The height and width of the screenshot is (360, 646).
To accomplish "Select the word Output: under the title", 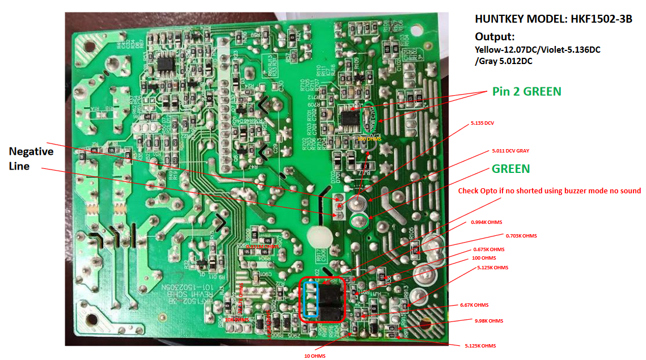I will pos(495,36).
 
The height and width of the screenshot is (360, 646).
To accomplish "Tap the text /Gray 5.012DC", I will pos(504,61).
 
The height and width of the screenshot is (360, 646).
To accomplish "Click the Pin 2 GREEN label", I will pos(526,91).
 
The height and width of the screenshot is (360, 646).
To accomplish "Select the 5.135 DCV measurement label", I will pos(482,123).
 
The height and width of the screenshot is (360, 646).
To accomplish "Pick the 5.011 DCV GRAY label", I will pos(510,151).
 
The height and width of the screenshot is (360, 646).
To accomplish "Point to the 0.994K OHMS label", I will pos(486,222).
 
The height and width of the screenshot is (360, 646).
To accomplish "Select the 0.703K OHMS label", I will pos(521,236).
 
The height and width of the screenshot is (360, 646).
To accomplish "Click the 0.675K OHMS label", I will pos(488,249).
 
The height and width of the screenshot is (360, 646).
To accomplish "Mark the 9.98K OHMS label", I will pos(488,321).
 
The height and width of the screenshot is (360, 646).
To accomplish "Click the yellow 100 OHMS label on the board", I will pos(369,138).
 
